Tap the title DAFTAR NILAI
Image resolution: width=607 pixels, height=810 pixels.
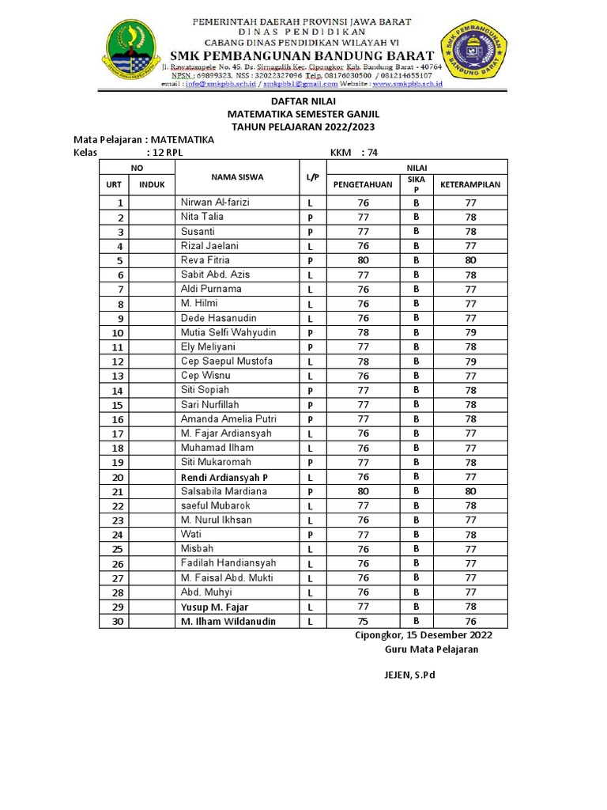pyautogui.click(x=303, y=102)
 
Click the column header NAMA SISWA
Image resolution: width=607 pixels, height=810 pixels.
pyautogui.click(x=237, y=177)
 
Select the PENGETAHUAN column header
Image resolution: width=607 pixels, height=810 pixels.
pyautogui.click(x=364, y=185)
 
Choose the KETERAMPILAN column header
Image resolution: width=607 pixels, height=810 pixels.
pyautogui.click(x=470, y=185)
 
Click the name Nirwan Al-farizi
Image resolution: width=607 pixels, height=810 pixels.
pyautogui.click(x=215, y=202)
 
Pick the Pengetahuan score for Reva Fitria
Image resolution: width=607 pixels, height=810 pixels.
pyautogui.click(x=364, y=260)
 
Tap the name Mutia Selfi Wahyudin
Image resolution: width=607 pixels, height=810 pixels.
pyautogui.click(x=228, y=332)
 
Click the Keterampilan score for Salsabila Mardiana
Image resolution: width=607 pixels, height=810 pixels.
pyautogui.click(x=470, y=491)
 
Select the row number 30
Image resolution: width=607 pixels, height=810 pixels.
pyautogui.click(x=119, y=622)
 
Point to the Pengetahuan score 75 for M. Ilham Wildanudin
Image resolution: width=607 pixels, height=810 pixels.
pyautogui.click(x=364, y=622)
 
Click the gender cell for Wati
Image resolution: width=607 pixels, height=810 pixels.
pyautogui.click(x=311, y=535)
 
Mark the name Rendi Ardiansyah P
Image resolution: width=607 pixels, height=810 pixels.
pyautogui.click(x=224, y=477)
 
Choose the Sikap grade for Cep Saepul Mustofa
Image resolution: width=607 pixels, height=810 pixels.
pyautogui.click(x=416, y=361)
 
